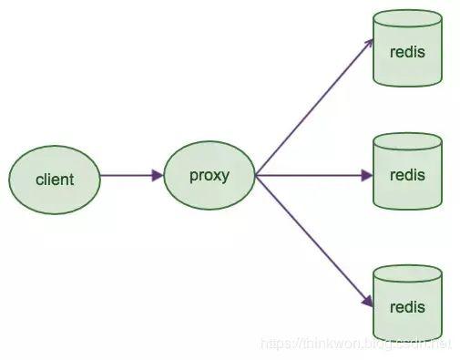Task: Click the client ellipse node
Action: [55, 180]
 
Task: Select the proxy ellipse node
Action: [210, 175]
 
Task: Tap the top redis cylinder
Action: [407, 48]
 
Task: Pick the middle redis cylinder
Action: [407, 171]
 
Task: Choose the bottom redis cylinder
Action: [407, 303]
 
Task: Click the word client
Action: [55, 180]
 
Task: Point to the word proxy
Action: [210, 176]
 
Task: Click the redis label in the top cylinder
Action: [407, 52]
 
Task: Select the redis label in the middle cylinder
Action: [407, 175]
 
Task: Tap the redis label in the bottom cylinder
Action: [407, 307]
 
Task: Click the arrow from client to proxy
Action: [132, 175]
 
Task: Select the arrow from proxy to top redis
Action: [314, 107]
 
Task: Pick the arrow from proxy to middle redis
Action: [314, 175]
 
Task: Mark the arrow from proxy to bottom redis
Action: [314, 241]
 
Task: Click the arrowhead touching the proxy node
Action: [158, 175]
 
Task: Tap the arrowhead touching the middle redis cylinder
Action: [367, 175]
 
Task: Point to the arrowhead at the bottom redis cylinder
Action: [368, 302]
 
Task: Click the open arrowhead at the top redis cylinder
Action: [368, 44]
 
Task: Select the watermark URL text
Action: [356, 345]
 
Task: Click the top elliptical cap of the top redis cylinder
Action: [407, 19]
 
